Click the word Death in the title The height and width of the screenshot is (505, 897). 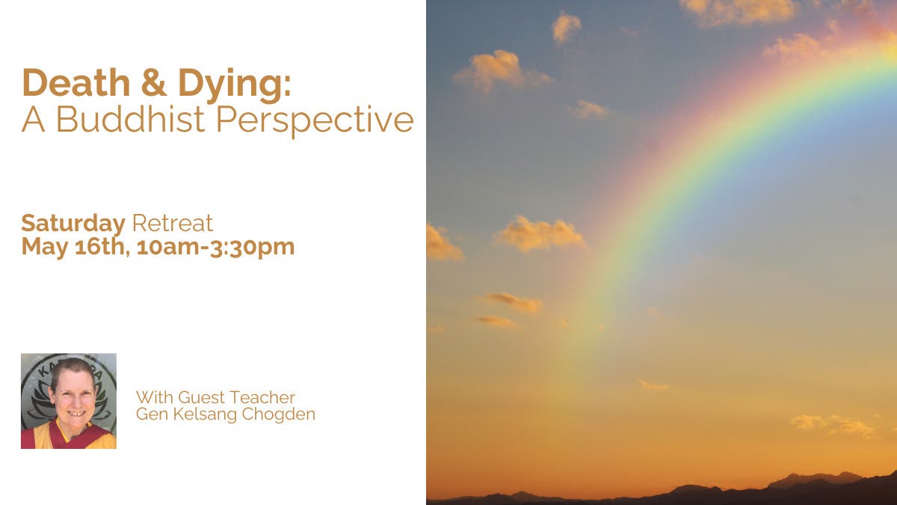click(76, 82)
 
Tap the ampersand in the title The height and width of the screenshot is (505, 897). click(154, 82)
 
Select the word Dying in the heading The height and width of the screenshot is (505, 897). click(235, 86)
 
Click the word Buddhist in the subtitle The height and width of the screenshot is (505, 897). click(130, 119)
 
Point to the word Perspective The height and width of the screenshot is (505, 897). click(315, 122)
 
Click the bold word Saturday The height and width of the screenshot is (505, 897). click(73, 224)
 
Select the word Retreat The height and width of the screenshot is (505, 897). click(172, 223)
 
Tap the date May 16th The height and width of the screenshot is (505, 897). click(75, 247)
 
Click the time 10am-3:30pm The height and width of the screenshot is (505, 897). click(215, 247)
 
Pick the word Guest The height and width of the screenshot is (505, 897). click(201, 397)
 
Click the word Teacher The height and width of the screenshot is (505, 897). click(262, 397)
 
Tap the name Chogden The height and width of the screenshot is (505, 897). click(278, 414)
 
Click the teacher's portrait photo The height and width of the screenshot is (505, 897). click(69, 401)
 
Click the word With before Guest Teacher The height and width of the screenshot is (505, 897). click(155, 397)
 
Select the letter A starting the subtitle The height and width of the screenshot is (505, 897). click(33, 119)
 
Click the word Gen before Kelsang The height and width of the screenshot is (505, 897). click(152, 414)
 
